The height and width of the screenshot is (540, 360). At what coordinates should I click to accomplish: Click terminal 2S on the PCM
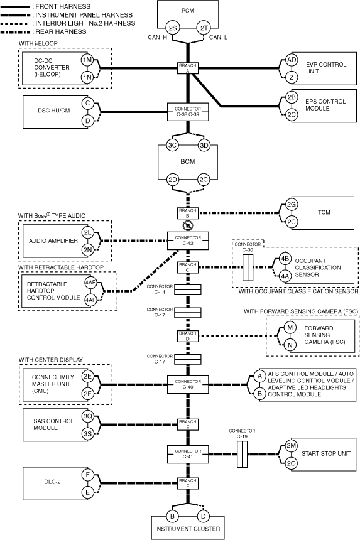[x=172, y=28]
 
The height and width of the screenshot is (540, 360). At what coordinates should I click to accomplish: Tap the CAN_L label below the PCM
[x=218, y=37]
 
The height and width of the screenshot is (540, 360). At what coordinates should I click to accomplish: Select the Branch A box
[x=188, y=68]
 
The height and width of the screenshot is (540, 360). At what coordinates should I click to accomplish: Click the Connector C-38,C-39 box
[x=188, y=112]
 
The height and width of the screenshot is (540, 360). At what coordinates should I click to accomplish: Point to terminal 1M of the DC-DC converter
[x=87, y=60]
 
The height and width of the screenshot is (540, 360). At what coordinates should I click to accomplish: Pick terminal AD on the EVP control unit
[x=292, y=60]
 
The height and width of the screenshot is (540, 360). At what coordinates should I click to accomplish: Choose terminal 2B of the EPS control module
[x=292, y=97]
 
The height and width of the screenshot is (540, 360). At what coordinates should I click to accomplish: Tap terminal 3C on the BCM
[x=172, y=145]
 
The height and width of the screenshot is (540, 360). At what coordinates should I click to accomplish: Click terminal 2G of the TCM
[x=292, y=204]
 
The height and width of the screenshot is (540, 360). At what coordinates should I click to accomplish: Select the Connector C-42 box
[x=188, y=240]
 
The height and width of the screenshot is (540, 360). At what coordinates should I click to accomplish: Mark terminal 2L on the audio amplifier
[x=87, y=232]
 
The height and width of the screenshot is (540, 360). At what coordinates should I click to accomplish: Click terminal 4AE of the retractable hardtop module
[x=90, y=283]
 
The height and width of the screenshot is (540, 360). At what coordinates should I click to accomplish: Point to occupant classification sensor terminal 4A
[x=285, y=276]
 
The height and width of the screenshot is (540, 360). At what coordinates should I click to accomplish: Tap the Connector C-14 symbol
[x=188, y=290]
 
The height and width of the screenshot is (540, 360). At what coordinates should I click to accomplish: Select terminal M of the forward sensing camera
[x=290, y=327]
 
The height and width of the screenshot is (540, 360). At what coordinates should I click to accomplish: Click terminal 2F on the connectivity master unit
[x=87, y=393]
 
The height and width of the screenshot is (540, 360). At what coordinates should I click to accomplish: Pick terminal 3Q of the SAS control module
[x=87, y=416]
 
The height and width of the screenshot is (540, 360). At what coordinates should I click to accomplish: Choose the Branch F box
[x=188, y=483]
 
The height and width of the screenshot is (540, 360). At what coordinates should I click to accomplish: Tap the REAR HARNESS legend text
[x=61, y=31]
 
